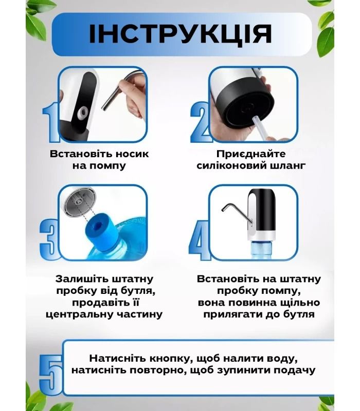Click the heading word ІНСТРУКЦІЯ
pos(180,34)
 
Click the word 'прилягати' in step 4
pos(224,314)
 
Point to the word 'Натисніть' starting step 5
pos(114,358)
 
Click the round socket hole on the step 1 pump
pos(81,111)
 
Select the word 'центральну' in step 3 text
pos(77,314)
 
